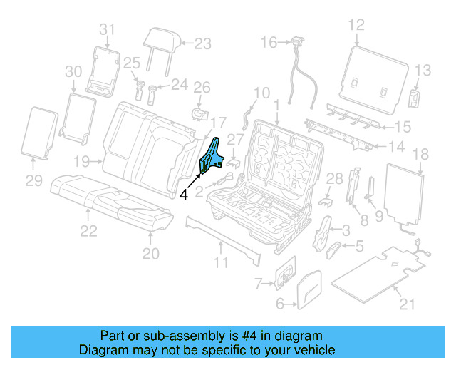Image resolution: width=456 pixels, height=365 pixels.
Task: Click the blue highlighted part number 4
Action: [x=211, y=158]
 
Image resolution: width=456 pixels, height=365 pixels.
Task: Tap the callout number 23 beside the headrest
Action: [x=202, y=43]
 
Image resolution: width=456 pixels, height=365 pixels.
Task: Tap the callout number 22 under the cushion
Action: [x=88, y=230]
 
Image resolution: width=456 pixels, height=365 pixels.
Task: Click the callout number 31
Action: [x=107, y=29]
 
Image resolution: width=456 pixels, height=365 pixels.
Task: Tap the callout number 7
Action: [x=260, y=284]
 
